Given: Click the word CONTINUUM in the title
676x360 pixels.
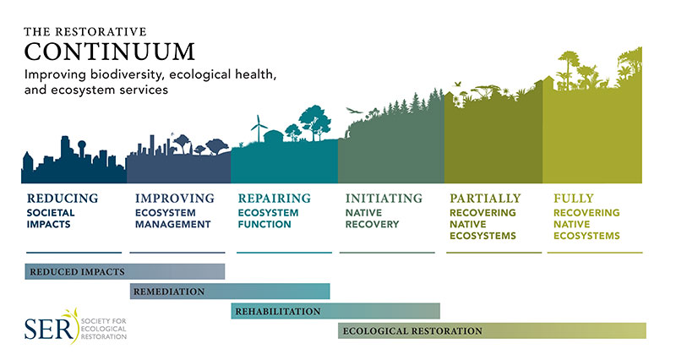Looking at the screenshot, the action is [110, 52].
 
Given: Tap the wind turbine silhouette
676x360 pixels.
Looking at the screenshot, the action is [259, 128].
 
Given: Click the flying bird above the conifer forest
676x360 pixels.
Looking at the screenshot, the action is [354, 111].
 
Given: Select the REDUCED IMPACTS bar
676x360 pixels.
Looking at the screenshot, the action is [124, 271].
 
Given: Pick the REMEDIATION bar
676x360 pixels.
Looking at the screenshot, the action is [230, 292].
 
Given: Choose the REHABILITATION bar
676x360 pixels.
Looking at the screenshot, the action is [335, 311].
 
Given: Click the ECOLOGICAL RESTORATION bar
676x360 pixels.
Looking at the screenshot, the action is [492, 330].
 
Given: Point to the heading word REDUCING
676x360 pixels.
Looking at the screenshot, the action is [63, 199].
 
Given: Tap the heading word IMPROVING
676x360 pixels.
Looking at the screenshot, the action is [175, 199].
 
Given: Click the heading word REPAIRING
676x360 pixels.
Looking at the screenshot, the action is [274, 199].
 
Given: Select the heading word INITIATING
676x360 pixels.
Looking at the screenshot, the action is [384, 199].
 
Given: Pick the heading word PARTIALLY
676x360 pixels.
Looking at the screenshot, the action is [485, 199].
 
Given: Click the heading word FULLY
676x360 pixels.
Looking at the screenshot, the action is [574, 199].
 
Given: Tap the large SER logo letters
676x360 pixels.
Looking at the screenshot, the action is [49, 329].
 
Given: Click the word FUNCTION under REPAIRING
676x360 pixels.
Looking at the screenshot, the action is [264, 224].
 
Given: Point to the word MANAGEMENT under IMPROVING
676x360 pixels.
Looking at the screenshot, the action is [172, 224].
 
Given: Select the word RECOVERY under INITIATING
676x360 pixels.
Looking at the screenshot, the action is [372, 224].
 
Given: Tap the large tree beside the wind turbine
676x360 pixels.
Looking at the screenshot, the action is [315, 122].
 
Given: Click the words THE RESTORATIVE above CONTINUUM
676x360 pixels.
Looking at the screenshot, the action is [85, 31].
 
